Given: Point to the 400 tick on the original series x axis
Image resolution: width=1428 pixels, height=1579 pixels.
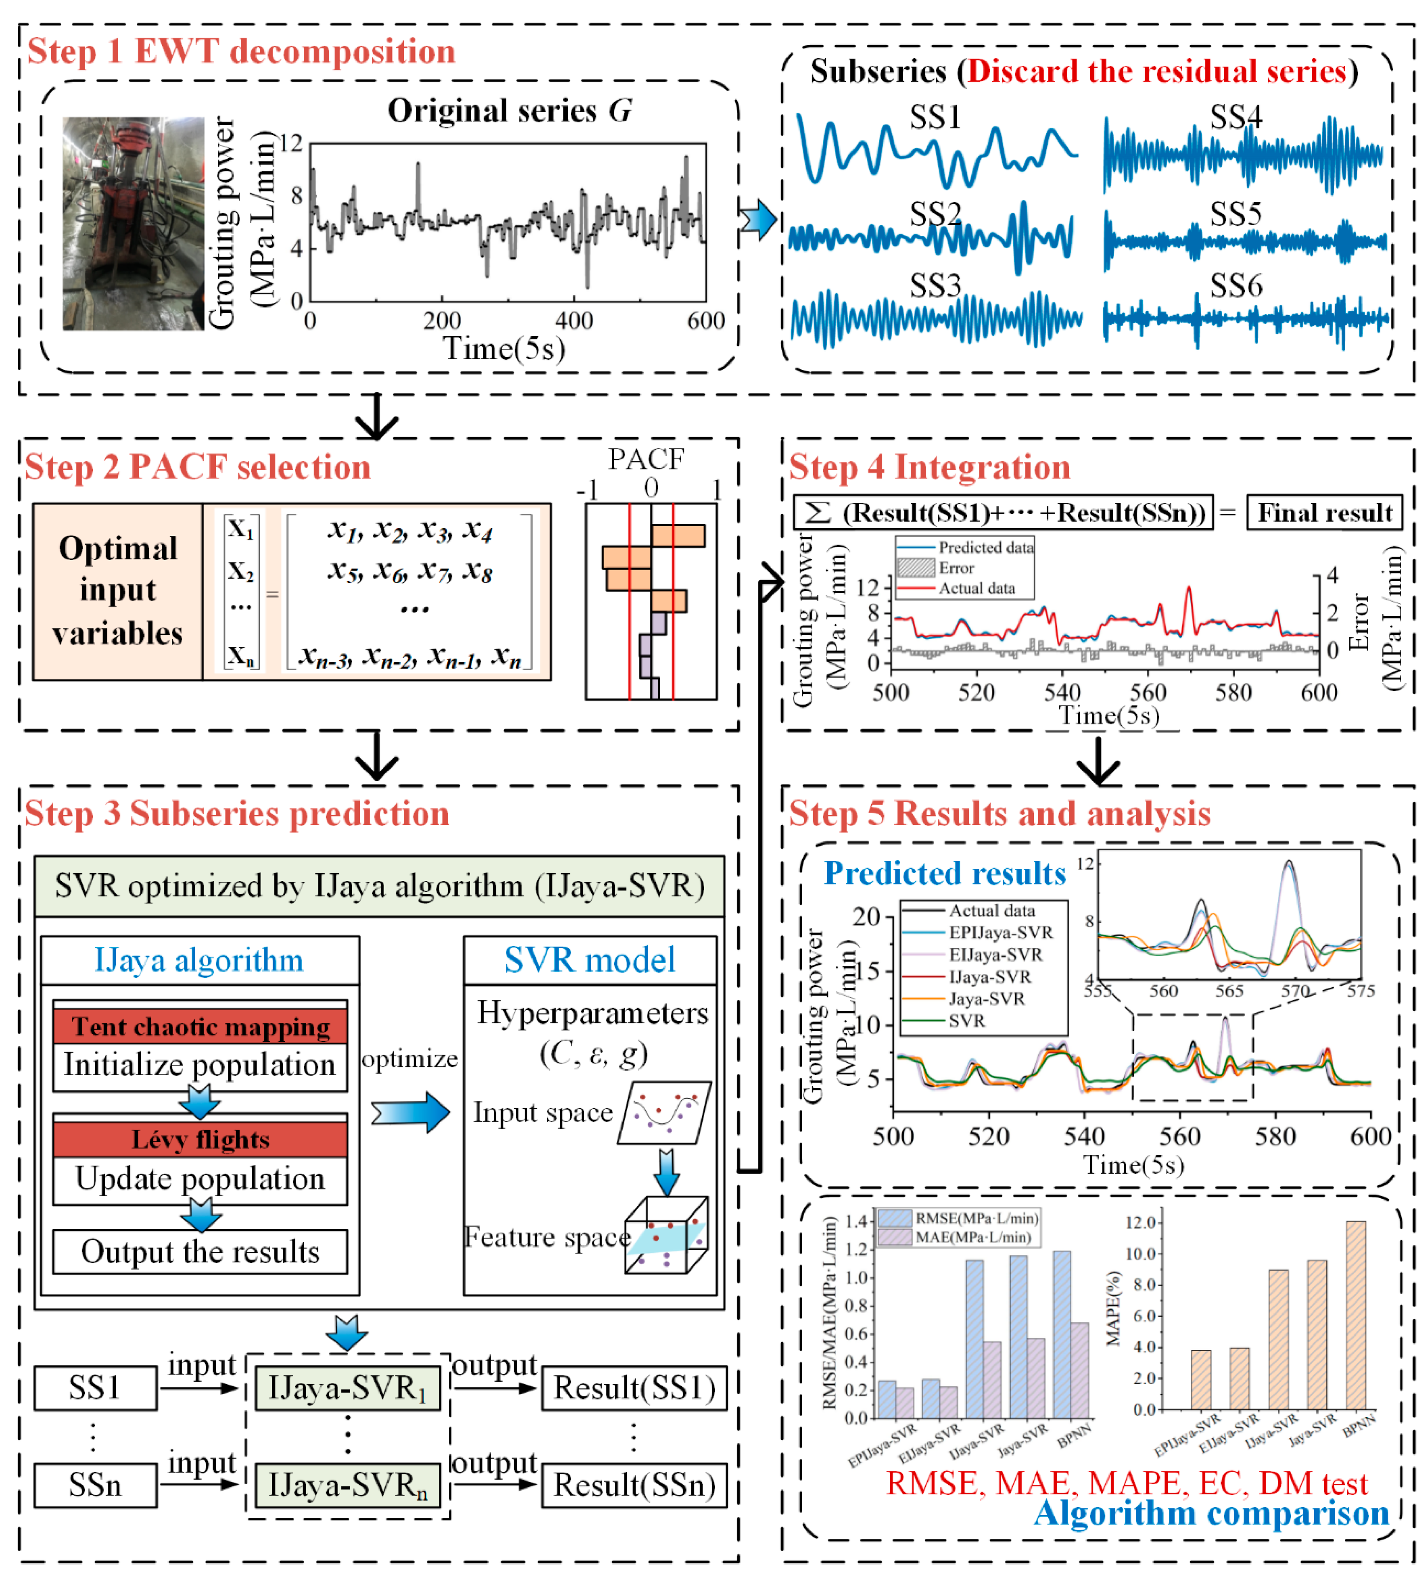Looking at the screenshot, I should (574, 320).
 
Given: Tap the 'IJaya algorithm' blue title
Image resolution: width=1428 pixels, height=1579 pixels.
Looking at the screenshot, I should (199, 960).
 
